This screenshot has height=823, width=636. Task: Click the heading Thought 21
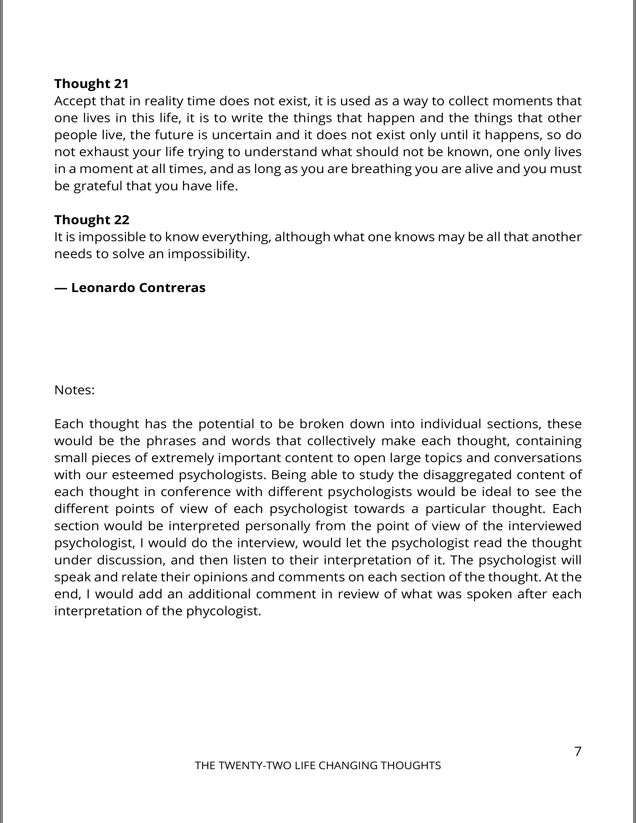[x=92, y=84]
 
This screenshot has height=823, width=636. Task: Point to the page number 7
[x=578, y=751]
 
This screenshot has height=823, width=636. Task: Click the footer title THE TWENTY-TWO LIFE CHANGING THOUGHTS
[x=318, y=766]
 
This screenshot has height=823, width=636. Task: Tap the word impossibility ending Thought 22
[x=208, y=254]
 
